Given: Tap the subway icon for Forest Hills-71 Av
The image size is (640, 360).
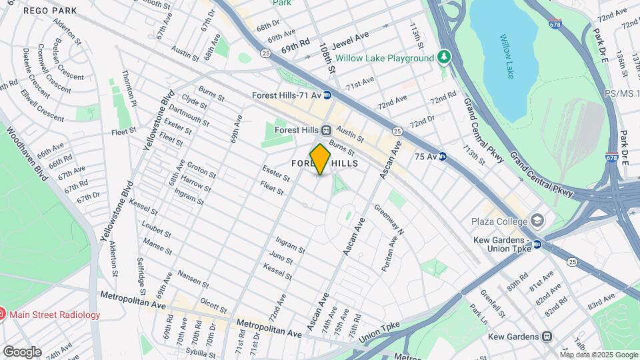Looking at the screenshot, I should pos(327,95).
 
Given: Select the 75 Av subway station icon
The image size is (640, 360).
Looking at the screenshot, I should pos(442,157).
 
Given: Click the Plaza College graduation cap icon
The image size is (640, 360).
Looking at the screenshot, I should pos(537,221).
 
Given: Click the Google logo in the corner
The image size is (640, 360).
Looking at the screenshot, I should pos(22,351).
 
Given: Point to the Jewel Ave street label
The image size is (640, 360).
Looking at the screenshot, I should pos(353,37).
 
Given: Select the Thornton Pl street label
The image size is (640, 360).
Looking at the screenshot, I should pos(129,89).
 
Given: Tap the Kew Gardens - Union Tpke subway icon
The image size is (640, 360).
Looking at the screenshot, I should pos(537,245).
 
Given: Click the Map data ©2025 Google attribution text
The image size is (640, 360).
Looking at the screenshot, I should pos(599,355).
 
